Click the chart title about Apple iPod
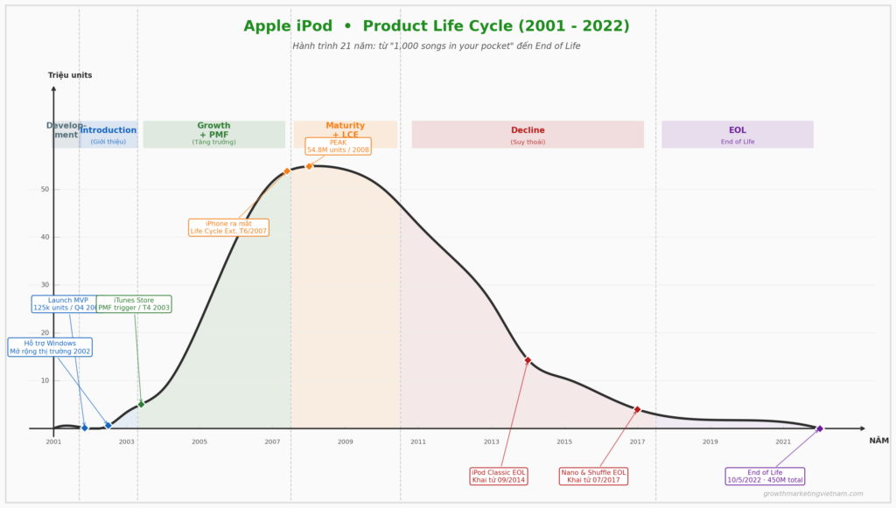tap(436, 26)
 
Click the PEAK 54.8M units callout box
tap(338, 146)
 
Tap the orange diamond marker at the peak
tap(309, 166)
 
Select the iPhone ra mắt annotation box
tap(228, 227)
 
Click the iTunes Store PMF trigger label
tap(134, 304)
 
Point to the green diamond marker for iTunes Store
tap(141, 404)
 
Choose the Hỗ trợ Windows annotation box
tap(50, 347)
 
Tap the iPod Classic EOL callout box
tap(499, 476)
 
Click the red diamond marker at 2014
tap(528, 360)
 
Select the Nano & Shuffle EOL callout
tap(594, 476)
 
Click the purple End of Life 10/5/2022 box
tap(765, 476)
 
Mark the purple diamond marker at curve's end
tap(820, 428)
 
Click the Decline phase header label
tap(528, 131)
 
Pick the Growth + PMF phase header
tap(213, 130)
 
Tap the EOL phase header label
tap(738, 131)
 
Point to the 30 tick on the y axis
tap(44, 285)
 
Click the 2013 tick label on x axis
tap(491, 442)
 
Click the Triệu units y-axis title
tap(70, 75)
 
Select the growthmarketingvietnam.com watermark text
tap(813, 494)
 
